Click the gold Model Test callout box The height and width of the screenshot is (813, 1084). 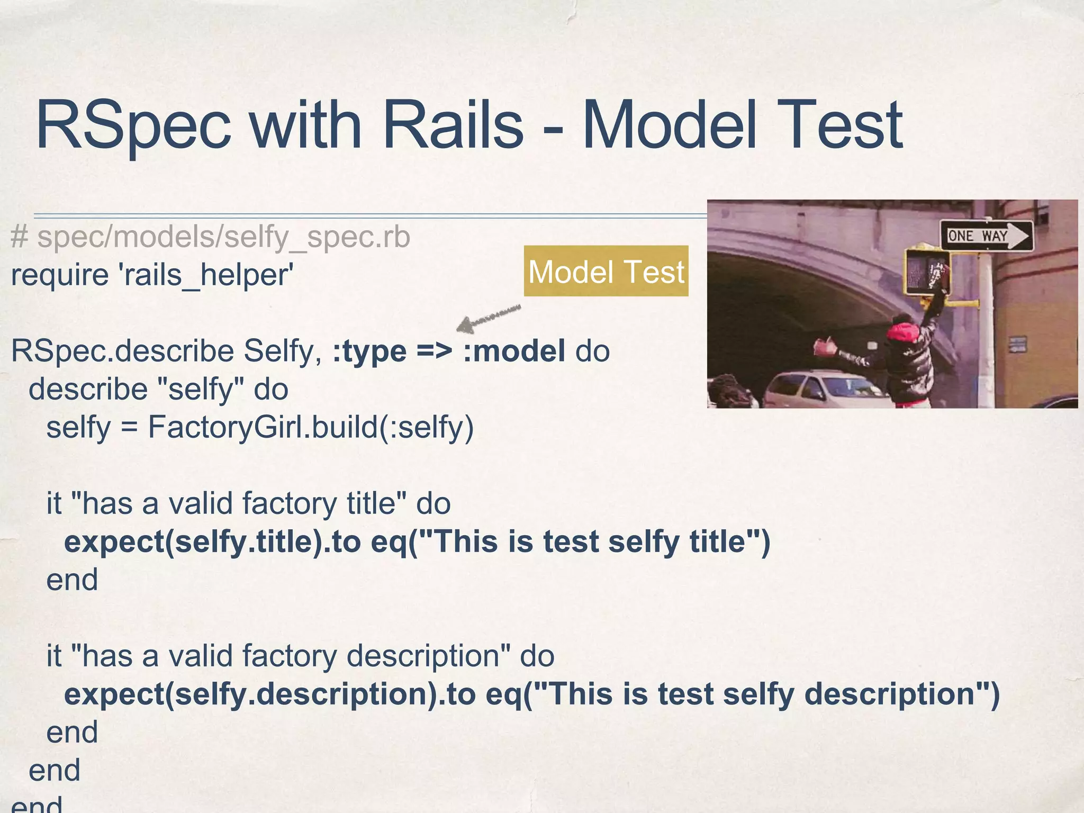606,272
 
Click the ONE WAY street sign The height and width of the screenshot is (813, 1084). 986,236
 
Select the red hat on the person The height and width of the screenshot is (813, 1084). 907,330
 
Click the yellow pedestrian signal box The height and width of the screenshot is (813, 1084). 927,272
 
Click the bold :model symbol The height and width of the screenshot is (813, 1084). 514,351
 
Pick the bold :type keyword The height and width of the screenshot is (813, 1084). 369,351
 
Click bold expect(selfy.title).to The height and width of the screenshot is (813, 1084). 212,541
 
